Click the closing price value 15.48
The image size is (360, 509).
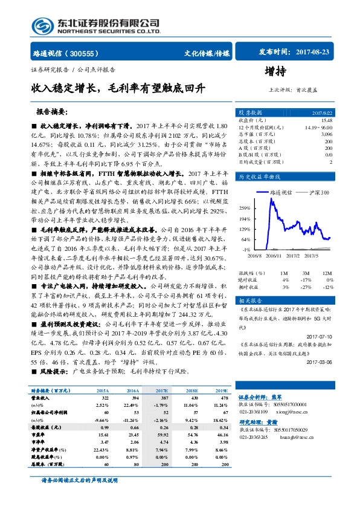tap(342, 119)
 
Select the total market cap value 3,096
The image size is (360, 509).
tap(343, 134)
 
